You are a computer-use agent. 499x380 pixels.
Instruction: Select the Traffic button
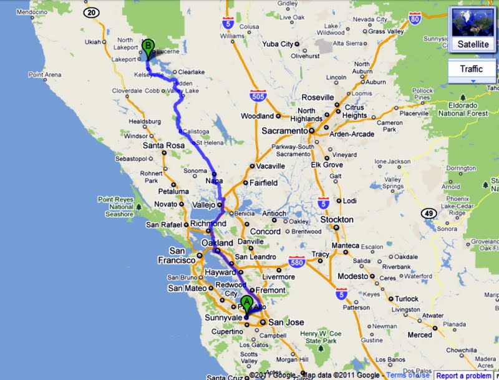coord(471,69)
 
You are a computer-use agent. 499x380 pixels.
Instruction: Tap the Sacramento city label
coord(284,131)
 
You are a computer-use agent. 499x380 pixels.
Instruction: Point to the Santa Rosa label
coord(163,146)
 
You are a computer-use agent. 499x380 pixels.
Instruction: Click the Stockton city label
coord(336,220)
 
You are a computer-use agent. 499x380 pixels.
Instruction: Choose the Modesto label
coord(353,276)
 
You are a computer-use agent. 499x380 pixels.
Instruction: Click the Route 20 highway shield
coord(92,12)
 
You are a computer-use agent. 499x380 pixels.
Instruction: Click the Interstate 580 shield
coord(297,264)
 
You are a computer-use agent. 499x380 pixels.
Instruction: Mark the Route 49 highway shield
coord(428,213)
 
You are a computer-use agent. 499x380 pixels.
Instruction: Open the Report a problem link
coord(463,376)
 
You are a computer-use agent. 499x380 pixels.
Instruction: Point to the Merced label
coord(419,334)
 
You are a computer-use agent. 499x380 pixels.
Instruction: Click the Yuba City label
coord(278,44)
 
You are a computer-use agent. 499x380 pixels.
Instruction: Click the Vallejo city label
coord(203,205)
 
